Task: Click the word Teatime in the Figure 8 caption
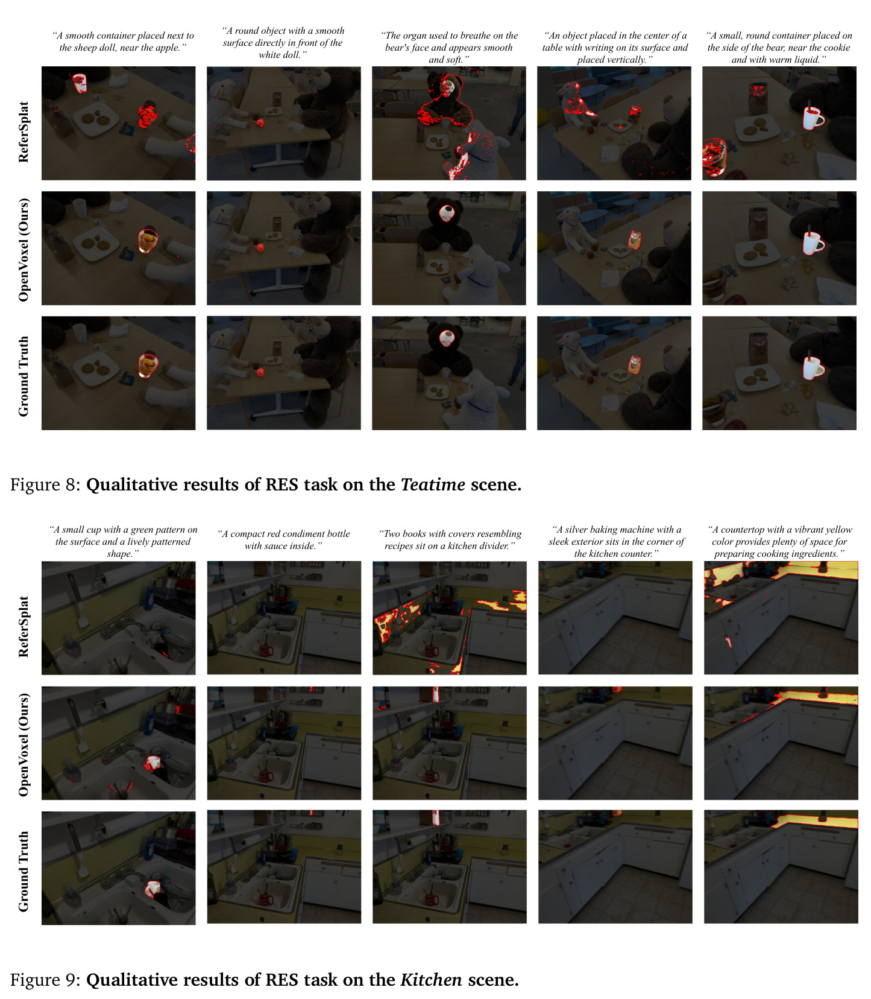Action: pos(433,484)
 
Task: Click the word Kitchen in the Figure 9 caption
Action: pos(432,979)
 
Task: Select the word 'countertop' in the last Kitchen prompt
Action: pos(747,530)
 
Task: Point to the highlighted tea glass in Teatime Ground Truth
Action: pos(148,364)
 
